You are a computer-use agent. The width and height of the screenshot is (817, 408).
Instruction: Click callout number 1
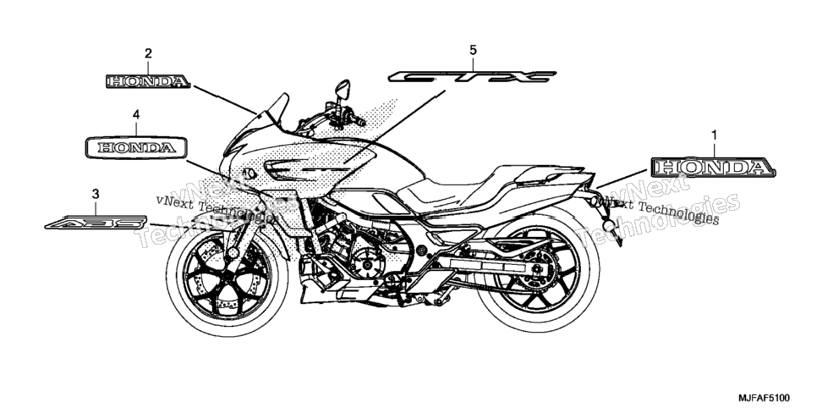pos(714,135)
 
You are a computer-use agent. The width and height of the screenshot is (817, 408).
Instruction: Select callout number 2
pos(149,53)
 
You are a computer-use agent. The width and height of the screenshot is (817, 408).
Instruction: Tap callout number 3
pos(96,194)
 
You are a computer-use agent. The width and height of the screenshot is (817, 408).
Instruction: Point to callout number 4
pos(136,114)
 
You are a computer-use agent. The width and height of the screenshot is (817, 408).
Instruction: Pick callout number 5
pos(473,50)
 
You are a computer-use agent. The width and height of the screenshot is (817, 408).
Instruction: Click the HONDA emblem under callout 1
pos(713,167)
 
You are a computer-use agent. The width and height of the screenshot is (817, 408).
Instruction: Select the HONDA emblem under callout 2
pos(149,81)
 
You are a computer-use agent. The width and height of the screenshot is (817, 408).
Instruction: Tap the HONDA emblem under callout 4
pos(136,147)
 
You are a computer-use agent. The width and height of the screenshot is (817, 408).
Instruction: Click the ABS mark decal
pos(96,223)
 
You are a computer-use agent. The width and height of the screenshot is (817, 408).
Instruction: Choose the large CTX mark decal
pos(472,77)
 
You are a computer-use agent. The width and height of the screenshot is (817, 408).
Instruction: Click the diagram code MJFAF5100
pos(765,398)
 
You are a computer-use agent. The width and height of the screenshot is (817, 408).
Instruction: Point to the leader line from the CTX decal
pos(394,128)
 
